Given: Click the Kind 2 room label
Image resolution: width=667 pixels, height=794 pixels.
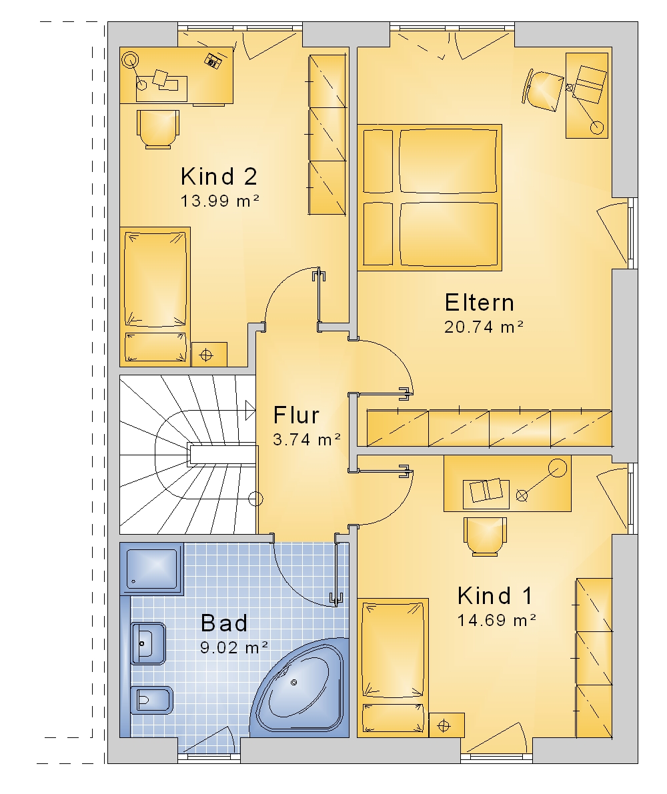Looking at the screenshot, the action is click(x=219, y=177).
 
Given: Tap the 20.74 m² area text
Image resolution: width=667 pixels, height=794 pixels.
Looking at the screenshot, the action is click(x=484, y=327).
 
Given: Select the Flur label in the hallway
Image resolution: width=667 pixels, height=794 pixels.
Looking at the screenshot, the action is click(x=296, y=415).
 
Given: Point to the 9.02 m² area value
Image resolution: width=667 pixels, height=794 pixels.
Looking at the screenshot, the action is click(x=234, y=647).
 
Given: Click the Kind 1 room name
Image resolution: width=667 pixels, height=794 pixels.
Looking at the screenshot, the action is click(x=495, y=596).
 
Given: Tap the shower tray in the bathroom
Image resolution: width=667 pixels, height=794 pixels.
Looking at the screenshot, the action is click(x=152, y=569).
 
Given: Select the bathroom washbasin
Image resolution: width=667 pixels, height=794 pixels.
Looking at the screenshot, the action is click(x=148, y=643).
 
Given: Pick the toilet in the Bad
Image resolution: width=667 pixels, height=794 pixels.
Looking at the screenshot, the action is click(x=151, y=700).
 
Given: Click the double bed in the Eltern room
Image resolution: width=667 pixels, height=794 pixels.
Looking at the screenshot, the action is click(x=430, y=197).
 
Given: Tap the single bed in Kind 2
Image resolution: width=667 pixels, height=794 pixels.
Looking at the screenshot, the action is click(x=155, y=297).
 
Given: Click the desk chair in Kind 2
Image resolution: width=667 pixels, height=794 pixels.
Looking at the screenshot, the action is click(x=158, y=129).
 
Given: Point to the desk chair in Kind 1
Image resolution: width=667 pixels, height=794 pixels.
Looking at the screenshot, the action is click(x=485, y=537).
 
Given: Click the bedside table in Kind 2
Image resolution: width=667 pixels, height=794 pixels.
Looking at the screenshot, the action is click(x=209, y=355).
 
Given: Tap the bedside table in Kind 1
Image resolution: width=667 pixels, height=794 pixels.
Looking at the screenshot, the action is click(x=447, y=725).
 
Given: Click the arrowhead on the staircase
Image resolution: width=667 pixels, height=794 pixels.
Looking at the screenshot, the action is click(x=250, y=410).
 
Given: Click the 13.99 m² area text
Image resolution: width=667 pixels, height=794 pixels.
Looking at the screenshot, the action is click(x=220, y=201).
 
